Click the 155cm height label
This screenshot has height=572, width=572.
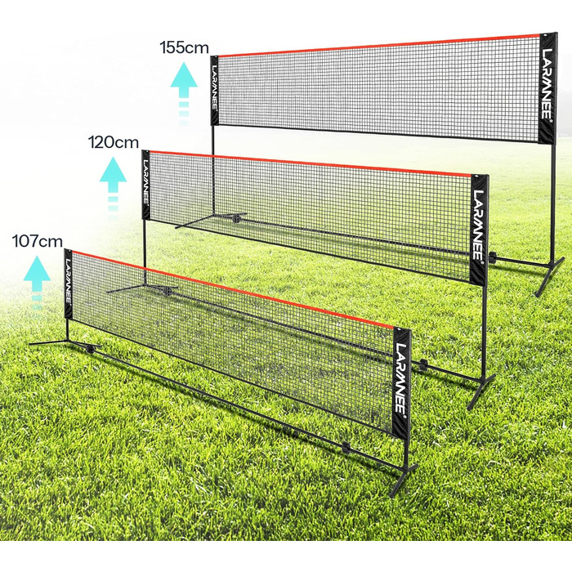pyautogui.click(x=184, y=47)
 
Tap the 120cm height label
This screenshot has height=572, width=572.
pyautogui.click(x=114, y=142)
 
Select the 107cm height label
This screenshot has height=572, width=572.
pyautogui.click(x=38, y=241)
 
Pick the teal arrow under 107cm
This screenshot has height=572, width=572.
pyautogui.click(x=37, y=283)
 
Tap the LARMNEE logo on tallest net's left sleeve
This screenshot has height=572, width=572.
pyautogui.click(x=215, y=88)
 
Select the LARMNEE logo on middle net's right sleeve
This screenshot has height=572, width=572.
pyautogui.click(x=479, y=226)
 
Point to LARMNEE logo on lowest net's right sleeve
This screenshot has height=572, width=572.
pyautogui.click(x=401, y=378)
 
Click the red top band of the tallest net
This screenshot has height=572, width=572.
pyautogui.click(x=379, y=45)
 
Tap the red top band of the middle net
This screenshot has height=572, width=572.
pyautogui.click(x=311, y=163)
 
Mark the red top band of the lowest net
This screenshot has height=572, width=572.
pyautogui.click(x=233, y=288)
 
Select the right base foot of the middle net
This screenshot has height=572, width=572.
pyautogui.click(x=481, y=391)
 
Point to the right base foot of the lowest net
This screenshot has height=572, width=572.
pyautogui.click(x=403, y=481)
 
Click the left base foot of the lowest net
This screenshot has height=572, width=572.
pyautogui.click(x=65, y=343)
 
